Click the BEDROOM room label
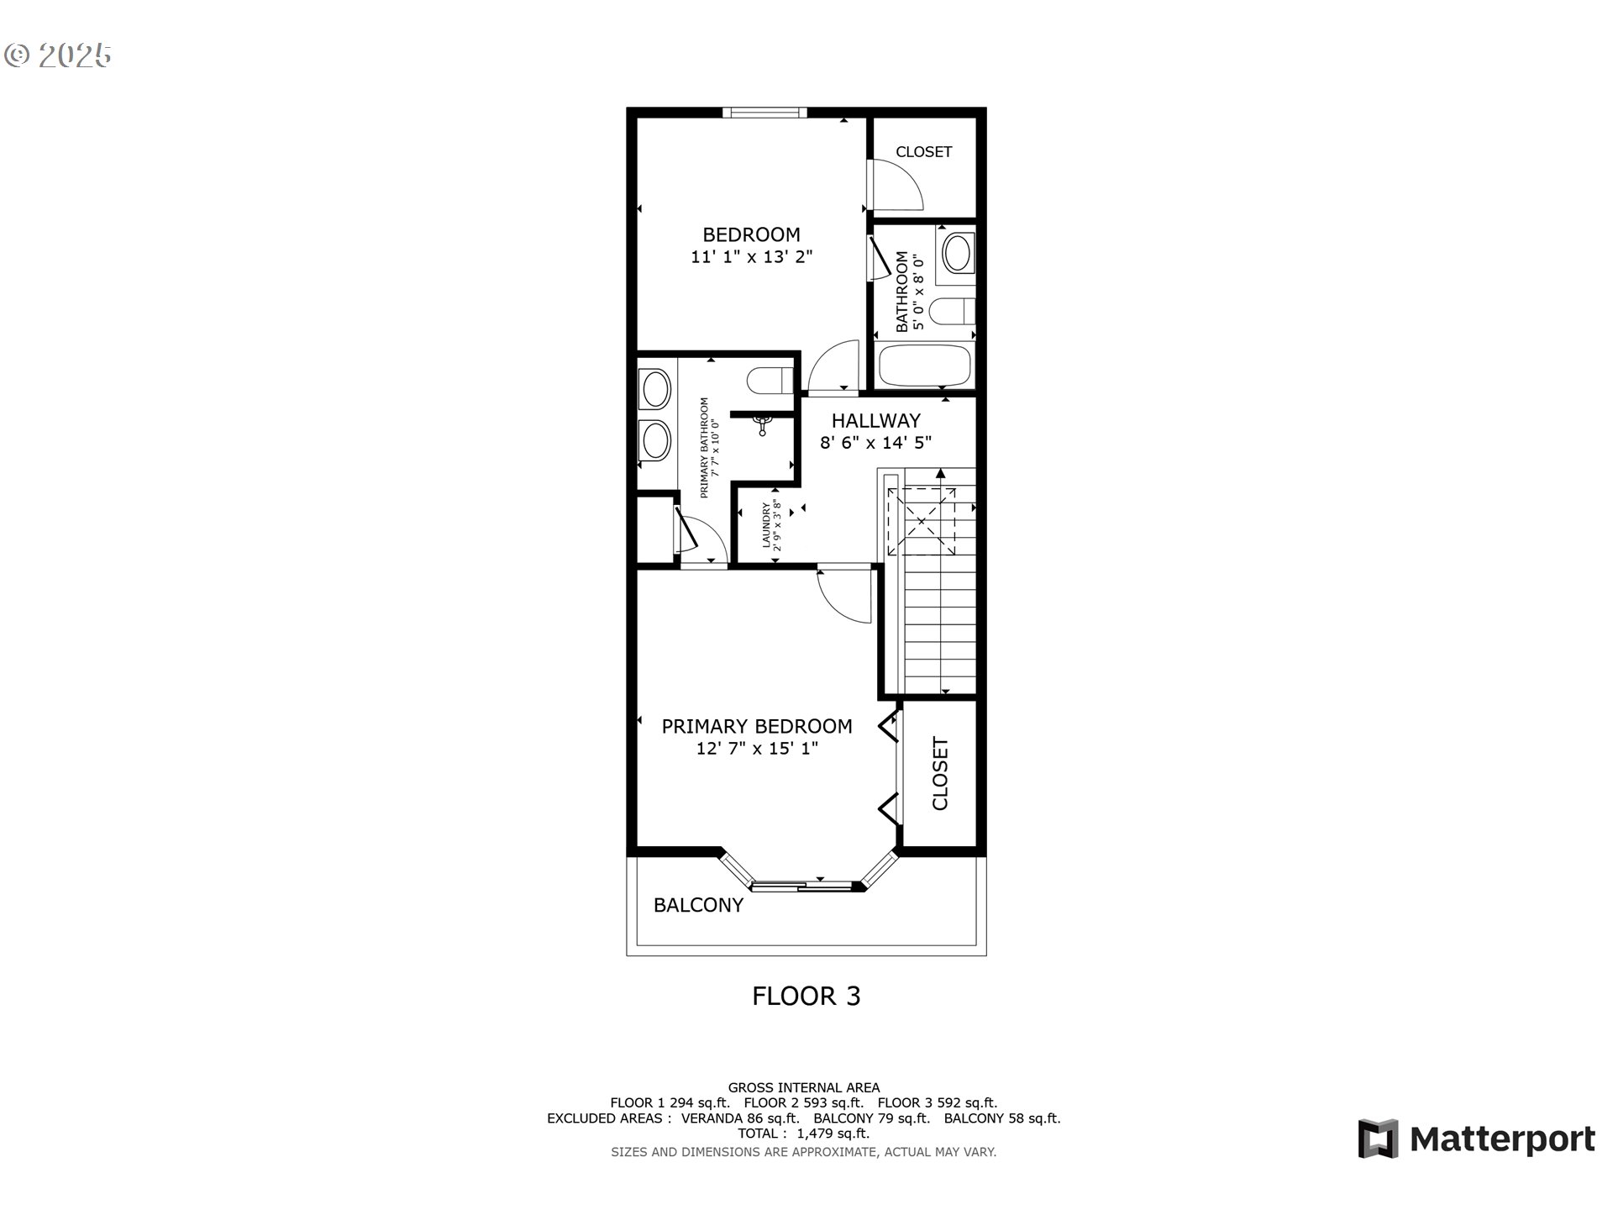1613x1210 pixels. coord(751,234)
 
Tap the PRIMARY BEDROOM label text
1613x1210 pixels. coord(757,726)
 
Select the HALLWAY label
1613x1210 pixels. coord(876,420)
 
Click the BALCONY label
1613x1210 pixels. coord(698,905)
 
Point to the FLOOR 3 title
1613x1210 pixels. coord(806,996)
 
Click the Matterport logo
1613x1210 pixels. coord(1476,1139)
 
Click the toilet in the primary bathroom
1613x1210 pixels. coord(770,381)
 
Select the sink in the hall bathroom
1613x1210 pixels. coord(956,251)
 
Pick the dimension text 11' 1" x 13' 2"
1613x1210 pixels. coord(752,257)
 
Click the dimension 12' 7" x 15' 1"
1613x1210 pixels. coord(757,748)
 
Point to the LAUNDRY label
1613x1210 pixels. coord(767,525)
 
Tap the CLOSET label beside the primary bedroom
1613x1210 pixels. coord(940,774)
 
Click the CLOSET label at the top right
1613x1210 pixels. coord(923,152)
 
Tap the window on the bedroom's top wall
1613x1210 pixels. coord(764,113)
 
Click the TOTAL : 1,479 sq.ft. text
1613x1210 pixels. coord(804,1134)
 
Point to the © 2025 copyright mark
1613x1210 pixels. coord(58,55)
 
